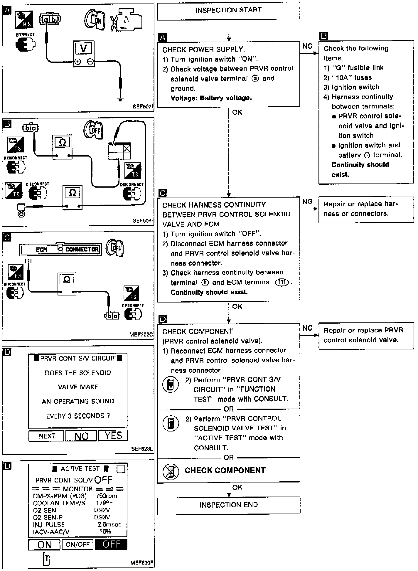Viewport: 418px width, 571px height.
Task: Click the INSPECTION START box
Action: (228, 11)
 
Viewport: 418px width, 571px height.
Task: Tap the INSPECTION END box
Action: (228, 505)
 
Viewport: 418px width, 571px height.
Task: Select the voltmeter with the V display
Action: (84, 54)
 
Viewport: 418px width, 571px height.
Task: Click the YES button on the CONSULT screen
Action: (113, 436)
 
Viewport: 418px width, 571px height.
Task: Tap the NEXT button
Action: (46, 436)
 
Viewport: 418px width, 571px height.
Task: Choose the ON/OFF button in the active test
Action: (77, 545)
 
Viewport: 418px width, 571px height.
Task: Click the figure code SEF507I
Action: (143, 107)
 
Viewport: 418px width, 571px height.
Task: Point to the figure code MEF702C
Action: (141, 334)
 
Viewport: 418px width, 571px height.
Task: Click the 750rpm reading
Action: (107, 496)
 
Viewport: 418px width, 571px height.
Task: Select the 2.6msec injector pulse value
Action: (109, 524)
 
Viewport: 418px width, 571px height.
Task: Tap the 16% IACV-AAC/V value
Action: (105, 531)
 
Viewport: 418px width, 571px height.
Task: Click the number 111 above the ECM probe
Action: (28, 261)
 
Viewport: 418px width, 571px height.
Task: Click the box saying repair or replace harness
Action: (366, 209)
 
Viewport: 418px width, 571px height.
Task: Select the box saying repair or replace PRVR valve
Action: (366, 335)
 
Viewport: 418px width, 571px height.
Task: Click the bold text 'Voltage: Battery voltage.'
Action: (211, 98)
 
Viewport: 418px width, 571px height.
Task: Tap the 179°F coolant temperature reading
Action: (104, 503)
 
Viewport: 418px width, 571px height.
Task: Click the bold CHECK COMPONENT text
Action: (225, 470)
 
